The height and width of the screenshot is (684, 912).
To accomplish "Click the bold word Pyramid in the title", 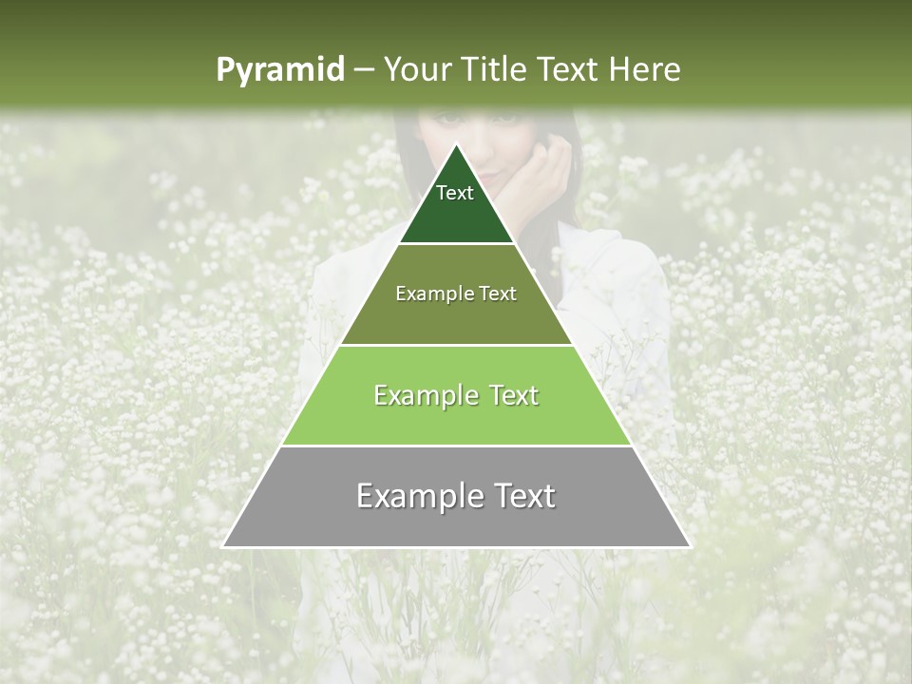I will (279, 69).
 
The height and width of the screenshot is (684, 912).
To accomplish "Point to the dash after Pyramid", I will (364, 70).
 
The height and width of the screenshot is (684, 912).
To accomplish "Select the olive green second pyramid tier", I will (456, 318).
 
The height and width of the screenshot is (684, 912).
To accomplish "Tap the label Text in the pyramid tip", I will (455, 193).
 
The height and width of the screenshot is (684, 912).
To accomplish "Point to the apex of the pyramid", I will (457, 145).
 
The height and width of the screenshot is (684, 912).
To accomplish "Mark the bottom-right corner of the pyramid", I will (689, 546).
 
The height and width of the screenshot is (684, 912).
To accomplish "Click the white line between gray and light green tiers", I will (456, 446).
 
